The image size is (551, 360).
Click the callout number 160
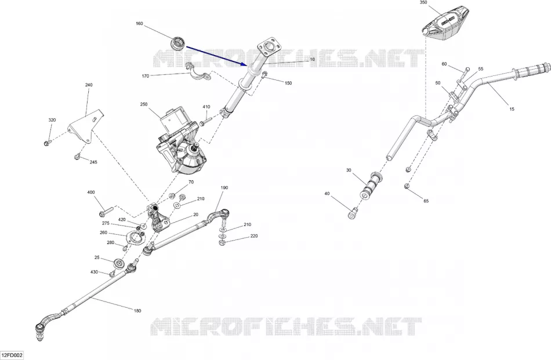coord(139,24)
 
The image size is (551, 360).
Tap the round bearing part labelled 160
coord(178,43)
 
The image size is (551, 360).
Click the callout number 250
coord(144,104)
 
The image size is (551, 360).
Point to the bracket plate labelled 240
coord(85,126)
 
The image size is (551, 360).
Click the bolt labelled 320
coord(47,143)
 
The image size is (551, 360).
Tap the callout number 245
coord(93,162)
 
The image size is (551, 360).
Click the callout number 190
coord(224,188)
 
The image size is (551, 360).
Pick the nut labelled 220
coord(222,242)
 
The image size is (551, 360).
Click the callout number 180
coord(137,311)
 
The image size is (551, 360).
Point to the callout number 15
coord(512,109)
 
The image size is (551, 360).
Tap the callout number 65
coord(426,201)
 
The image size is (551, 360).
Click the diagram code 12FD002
coord(12,355)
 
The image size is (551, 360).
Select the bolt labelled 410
coord(204,122)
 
